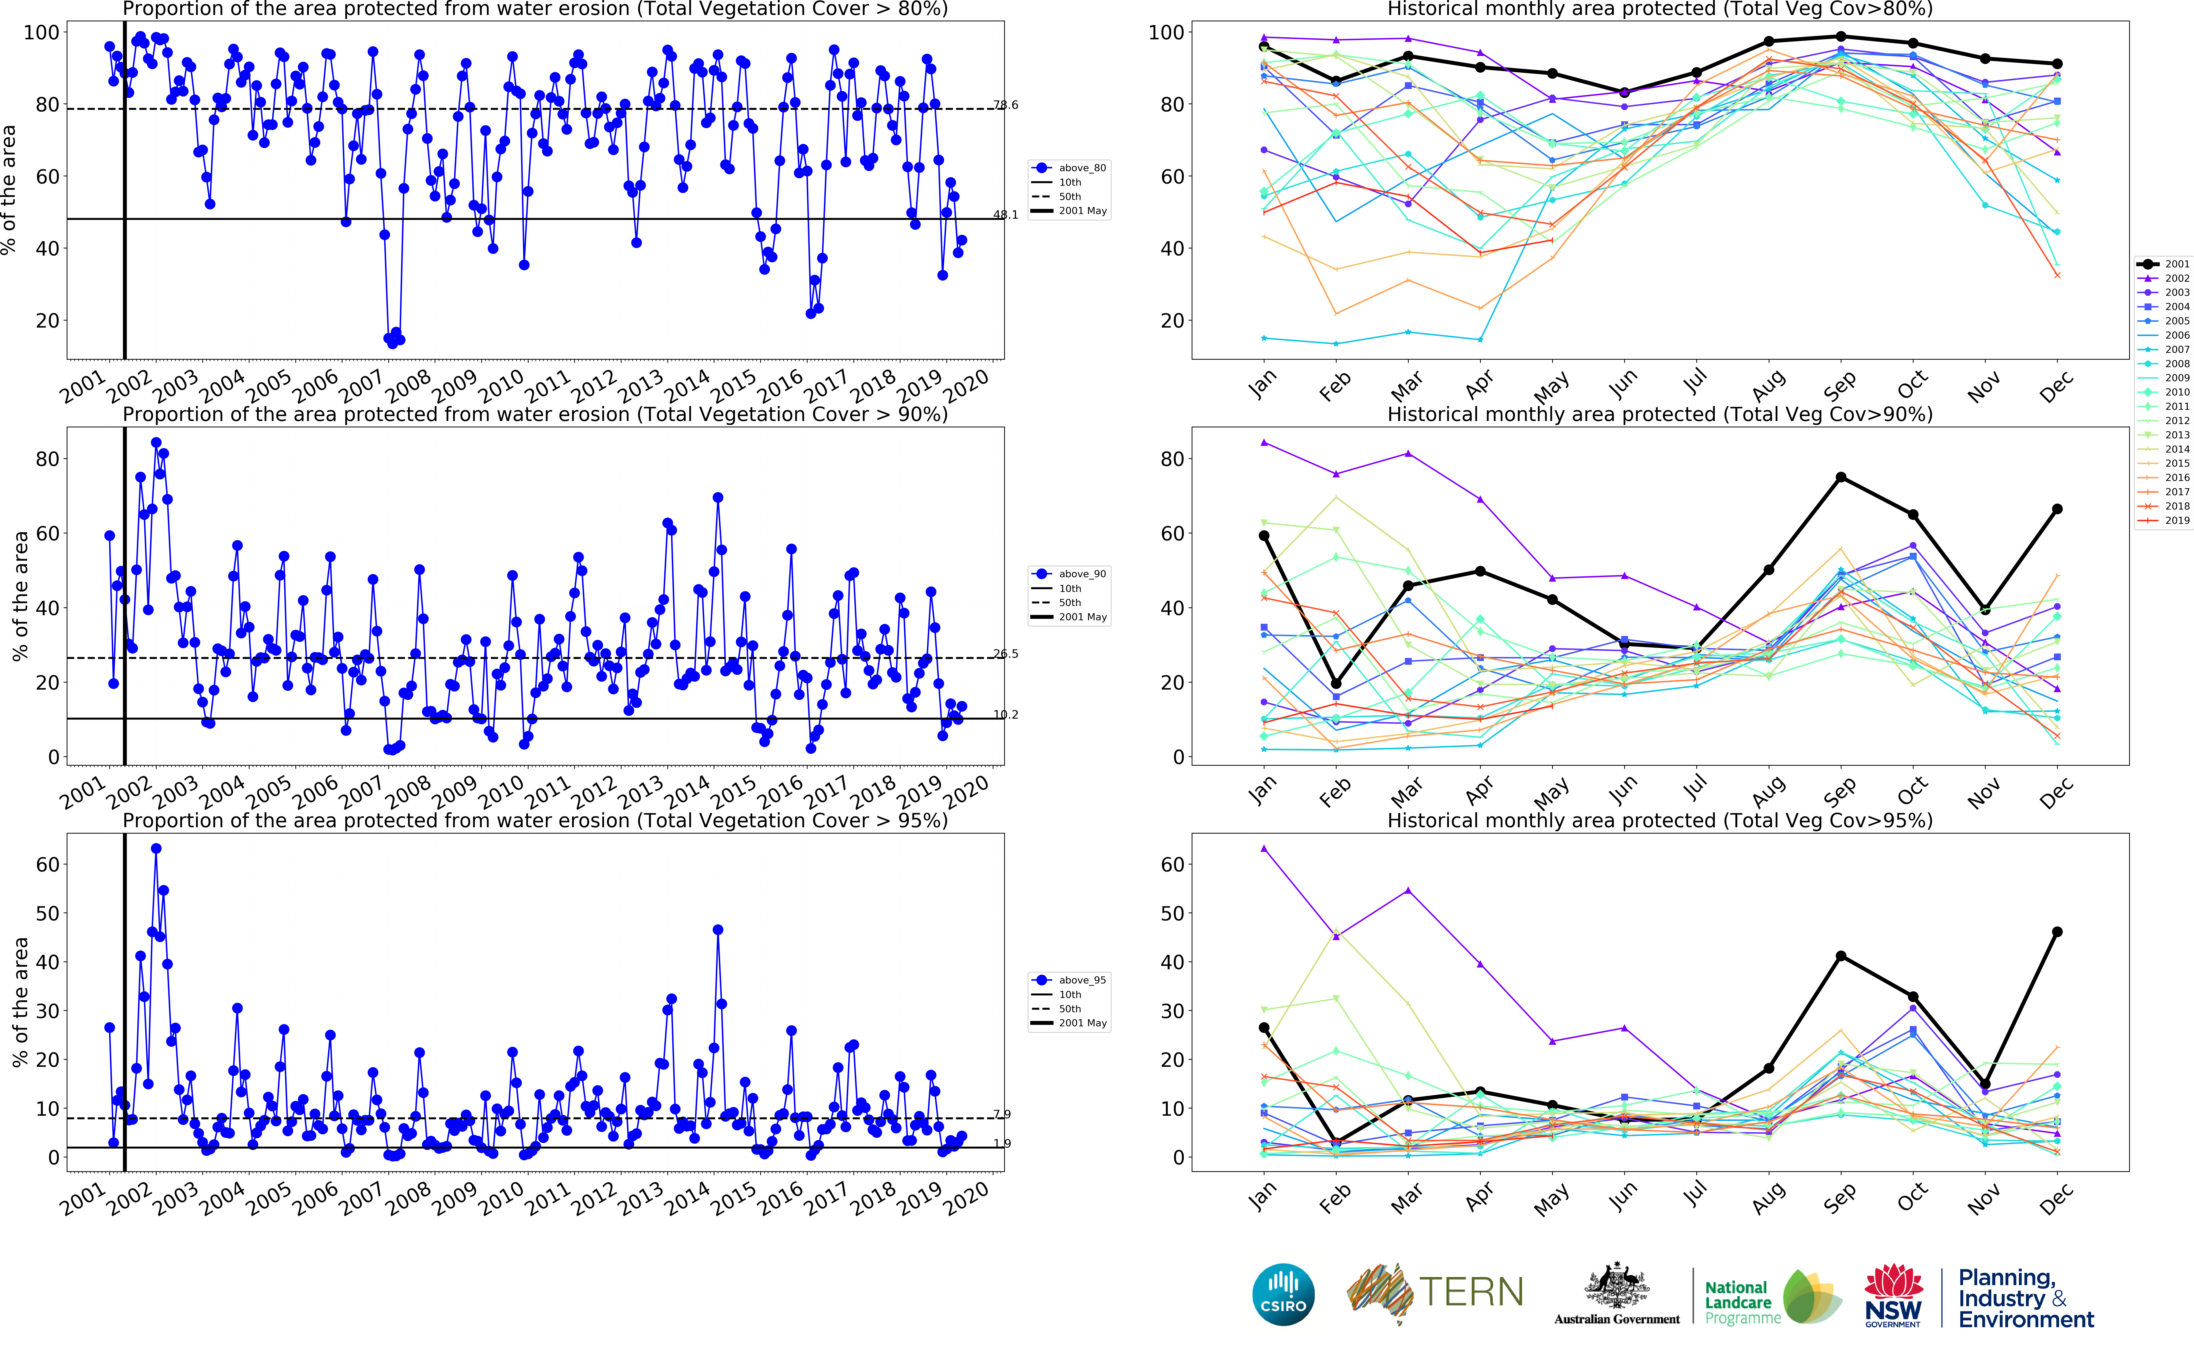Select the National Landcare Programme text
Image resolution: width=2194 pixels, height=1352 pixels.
point(1737,1302)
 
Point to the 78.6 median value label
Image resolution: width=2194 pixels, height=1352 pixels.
point(1005,106)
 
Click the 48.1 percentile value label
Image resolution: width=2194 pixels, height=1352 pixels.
point(1005,215)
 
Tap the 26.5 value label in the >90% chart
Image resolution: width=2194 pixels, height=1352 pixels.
point(1005,654)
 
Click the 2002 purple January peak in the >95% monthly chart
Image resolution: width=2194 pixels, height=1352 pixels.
point(1264,849)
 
